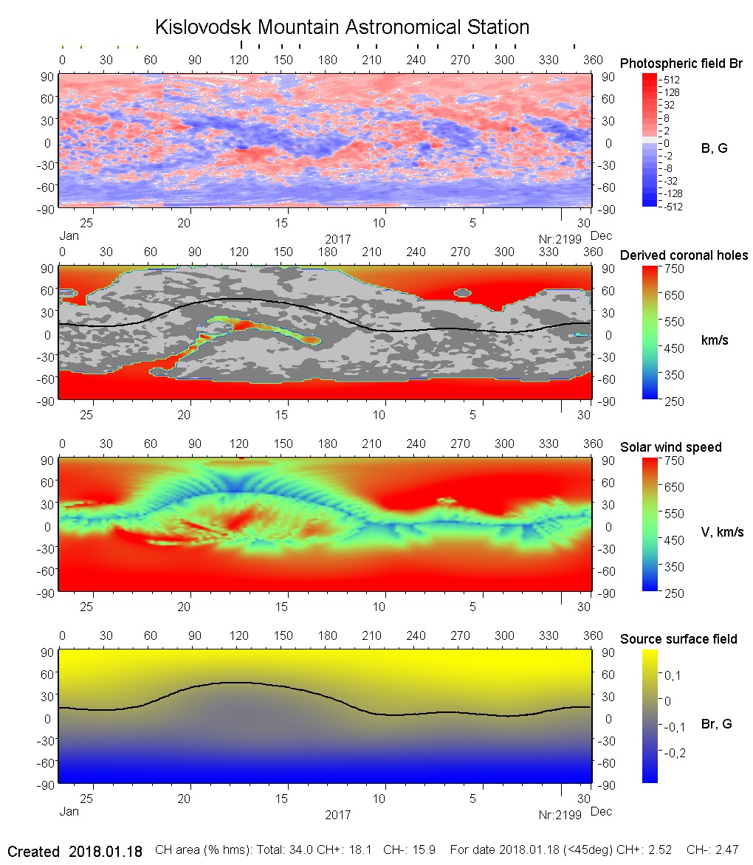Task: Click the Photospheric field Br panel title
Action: [x=681, y=63]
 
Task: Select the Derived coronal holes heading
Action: [x=684, y=255]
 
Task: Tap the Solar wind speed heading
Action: [x=670, y=447]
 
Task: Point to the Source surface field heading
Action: [x=678, y=639]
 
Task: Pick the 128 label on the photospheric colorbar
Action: [x=672, y=92]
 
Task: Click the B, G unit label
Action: [x=714, y=148]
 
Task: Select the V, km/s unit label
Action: [x=722, y=532]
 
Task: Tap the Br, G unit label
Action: [x=716, y=724]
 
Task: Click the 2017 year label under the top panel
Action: [x=337, y=239]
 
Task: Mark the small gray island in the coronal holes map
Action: [x=463, y=293]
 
